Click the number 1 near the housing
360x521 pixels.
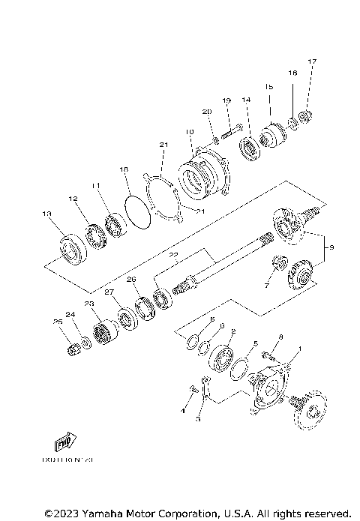pyautogui.click(x=300, y=349)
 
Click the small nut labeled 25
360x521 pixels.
pyautogui.click(x=73, y=349)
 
